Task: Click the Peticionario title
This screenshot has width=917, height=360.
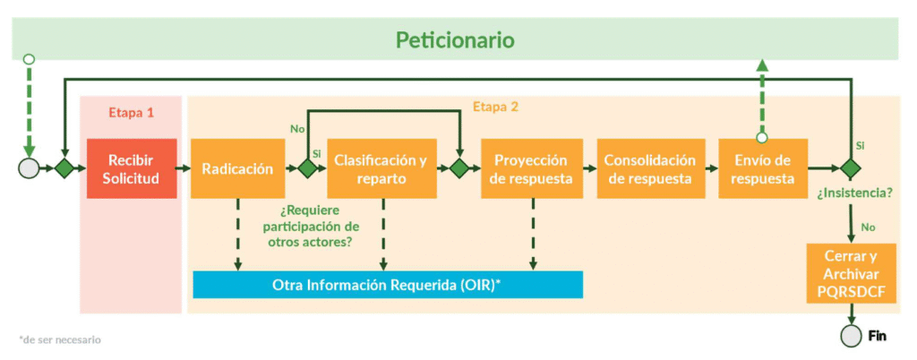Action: pyautogui.click(x=455, y=40)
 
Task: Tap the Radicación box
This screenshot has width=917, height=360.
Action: pyautogui.click(x=237, y=168)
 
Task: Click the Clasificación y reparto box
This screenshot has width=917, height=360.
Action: pyautogui.click(x=381, y=168)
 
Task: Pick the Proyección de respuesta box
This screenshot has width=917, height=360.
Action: pyautogui.click(x=531, y=168)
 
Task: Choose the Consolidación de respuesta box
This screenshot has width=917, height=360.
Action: pyautogui.click(x=649, y=168)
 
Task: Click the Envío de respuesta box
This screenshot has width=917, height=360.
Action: pyautogui.click(x=762, y=168)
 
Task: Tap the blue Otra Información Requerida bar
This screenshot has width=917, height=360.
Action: pyautogui.click(x=388, y=285)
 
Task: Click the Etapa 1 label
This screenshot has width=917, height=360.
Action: pyautogui.click(x=132, y=113)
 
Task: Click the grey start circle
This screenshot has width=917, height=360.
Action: pyautogui.click(x=29, y=167)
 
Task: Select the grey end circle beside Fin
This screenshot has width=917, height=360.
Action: pyautogui.click(x=851, y=337)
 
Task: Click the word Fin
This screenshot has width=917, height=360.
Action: pyautogui.click(x=878, y=337)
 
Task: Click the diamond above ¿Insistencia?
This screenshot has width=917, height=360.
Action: pyautogui.click(x=850, y=167)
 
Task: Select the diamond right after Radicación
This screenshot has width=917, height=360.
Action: pyautogui.click(x=307, y=167)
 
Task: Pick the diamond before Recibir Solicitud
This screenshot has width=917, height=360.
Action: pyautogui.click(x=64, y=167)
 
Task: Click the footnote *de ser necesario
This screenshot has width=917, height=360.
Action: pyautogui.click(x=60, y=339)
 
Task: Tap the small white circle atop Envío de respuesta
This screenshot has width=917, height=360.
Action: pyautogui.click(x=762, y=137)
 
